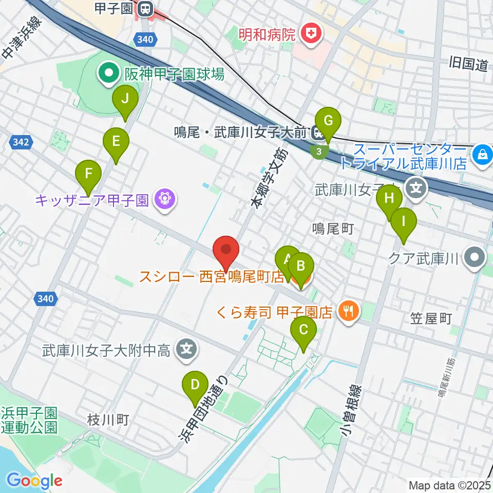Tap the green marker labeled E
coord(116,141)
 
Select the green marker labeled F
coord(89,174)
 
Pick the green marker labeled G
coord(329,122)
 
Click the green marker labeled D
coord(195,385)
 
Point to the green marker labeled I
coord(403,222)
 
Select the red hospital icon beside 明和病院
coord(310,35)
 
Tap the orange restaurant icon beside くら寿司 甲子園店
coord(349,311)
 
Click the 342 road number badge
coord(19,141)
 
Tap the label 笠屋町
coord(430,319)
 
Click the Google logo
coord(34,481)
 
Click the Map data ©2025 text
coord(449,485)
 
